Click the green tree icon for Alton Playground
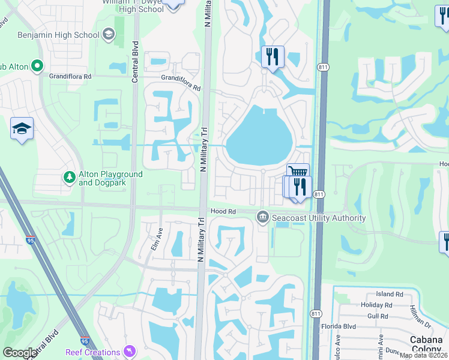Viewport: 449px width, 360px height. point(70,178)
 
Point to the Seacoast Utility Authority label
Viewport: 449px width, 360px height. point(318,218)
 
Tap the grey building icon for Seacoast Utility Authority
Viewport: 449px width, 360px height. point(262,217)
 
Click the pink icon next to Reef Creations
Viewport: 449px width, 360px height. point(129,351)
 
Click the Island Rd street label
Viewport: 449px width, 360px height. point(390,294)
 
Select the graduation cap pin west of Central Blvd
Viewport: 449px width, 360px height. point(22,128)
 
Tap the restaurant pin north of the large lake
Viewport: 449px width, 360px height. point(273,57)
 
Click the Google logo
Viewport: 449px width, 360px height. point(20,353)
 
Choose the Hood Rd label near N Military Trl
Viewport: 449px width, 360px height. point(223,212)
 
